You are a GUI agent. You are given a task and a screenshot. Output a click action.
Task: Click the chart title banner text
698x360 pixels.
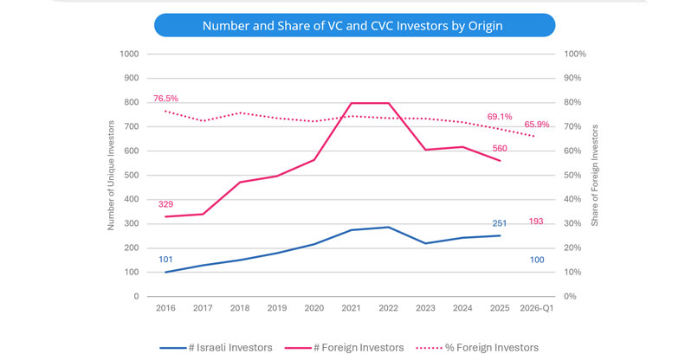(352, 26)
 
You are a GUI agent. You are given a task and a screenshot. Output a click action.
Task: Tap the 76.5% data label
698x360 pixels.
(165, 99)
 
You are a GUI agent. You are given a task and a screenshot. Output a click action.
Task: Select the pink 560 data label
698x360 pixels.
(500, 148)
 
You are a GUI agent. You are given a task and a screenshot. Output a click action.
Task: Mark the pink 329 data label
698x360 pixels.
(165, 204)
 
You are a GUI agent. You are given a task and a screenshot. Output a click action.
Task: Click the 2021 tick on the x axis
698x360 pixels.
(351, 309)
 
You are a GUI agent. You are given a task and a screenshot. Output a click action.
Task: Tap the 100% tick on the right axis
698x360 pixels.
(576, 54)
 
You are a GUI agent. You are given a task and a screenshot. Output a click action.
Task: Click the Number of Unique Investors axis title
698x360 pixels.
(111, 175)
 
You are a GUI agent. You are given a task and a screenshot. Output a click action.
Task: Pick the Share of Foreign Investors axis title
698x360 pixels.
(596, 175)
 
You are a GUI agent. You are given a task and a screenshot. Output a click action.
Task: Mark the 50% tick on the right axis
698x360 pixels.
(574, 175)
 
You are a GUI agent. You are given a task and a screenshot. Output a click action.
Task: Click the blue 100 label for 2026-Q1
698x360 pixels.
(537, 260)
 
